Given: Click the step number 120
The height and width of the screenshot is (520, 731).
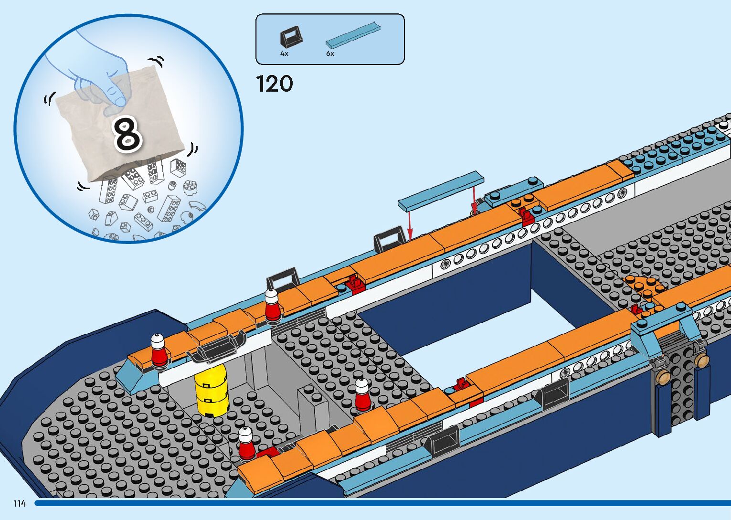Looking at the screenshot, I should coord(275,84).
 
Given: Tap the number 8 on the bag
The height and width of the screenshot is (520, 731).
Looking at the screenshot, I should coord(127,134).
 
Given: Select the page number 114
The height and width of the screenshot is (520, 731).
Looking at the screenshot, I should coord(20,503).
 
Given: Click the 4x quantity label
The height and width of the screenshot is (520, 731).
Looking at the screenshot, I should coord(284,53).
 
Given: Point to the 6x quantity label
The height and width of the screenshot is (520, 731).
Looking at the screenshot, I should coord(330,53).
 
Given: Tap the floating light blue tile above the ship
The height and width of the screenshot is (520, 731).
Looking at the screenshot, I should coord(441,191).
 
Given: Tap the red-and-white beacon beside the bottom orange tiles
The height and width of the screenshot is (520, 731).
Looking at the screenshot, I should coord(246,444).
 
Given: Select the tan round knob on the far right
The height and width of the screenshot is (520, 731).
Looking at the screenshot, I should coord(701,360).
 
